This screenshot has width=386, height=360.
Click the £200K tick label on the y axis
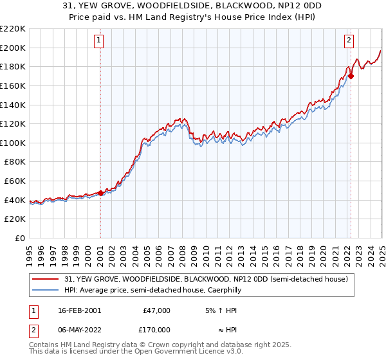point(13,48)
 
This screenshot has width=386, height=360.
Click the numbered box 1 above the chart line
point(100,40)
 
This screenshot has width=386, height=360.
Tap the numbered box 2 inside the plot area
point(349,40)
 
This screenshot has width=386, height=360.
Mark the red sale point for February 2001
point(100,193)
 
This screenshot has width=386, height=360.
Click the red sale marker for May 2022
point(351,76)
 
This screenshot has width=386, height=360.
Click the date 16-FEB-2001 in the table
point(79,310)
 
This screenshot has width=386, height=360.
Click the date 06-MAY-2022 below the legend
point(79,329)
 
